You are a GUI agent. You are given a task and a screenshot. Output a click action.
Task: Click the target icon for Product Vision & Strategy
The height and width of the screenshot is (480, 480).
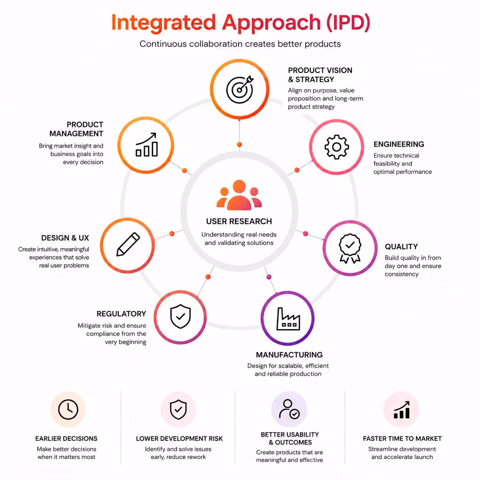click(x=239, y=89)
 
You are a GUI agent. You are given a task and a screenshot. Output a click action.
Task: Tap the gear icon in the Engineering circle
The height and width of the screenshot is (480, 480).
click(x=336, y=147)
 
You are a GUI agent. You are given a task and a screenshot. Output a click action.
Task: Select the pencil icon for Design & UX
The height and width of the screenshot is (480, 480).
click(x=128, y=244)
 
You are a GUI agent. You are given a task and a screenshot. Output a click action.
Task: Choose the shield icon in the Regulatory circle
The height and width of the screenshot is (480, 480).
click(x=180, y=316)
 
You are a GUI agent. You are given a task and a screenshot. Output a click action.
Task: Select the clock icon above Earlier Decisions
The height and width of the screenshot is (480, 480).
click(x=68, y=410)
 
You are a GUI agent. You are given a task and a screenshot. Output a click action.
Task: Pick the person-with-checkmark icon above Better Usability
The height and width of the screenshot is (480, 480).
click(x=289, y=409)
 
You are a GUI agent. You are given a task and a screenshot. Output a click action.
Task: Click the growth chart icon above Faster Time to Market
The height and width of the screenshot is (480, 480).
click(x=402, y=410)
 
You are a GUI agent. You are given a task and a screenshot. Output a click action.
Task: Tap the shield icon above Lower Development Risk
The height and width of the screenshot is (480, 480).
click(x=178, y=410)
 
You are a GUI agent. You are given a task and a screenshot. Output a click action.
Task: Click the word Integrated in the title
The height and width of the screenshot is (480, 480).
click(x=163, y=23)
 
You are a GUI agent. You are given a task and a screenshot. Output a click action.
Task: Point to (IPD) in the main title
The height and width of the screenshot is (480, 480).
click(x=348, y=23)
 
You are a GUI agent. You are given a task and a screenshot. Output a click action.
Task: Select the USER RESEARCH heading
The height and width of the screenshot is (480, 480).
click(x=239, y=221)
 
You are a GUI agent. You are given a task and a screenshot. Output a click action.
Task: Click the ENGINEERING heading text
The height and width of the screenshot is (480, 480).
click(x=398, y=144)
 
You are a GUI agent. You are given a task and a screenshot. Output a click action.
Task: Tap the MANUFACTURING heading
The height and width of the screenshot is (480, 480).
click(x=289, y=355)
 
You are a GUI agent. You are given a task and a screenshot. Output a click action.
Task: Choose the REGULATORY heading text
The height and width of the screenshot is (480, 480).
click(x=121, y=313)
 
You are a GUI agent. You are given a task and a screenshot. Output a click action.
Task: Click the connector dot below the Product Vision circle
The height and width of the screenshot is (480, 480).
click(x=239, y=144)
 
